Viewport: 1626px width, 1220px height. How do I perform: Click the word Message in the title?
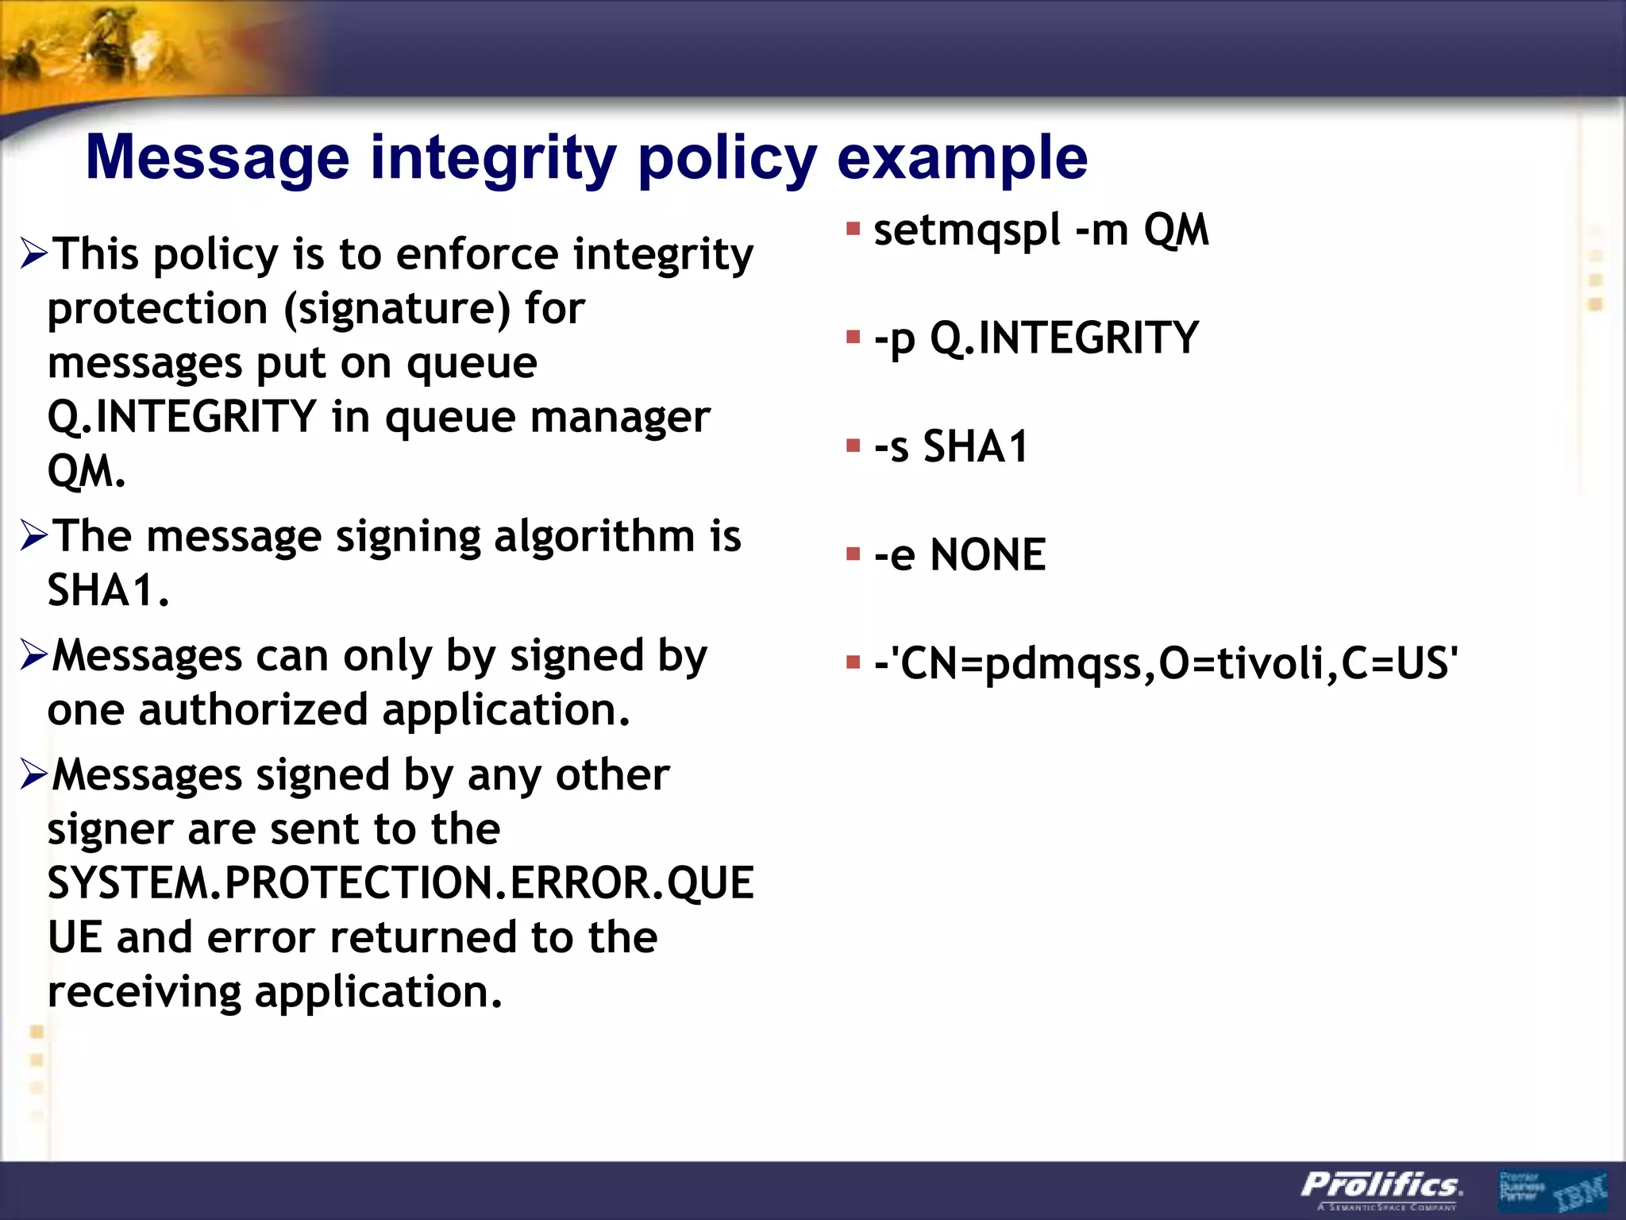point(217,158)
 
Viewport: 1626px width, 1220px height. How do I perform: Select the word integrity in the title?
point(493,158)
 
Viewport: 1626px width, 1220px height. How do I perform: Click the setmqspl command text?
point(966,230)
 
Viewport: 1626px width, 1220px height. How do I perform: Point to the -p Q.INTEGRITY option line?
point(1036,338)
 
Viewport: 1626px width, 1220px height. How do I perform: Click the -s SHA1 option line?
point(950,446)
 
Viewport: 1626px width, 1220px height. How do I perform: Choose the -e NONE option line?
point(959,554)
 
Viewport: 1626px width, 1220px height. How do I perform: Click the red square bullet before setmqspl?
point(853,230)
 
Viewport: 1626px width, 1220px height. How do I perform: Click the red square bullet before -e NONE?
point(853,554)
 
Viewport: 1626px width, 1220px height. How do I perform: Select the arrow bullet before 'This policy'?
point(35,254)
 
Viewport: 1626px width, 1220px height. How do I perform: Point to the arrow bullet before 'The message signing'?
point(35,536)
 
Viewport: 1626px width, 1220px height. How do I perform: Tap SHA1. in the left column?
point(109,590)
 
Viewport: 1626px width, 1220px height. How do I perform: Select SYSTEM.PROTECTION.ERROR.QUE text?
point(400,883)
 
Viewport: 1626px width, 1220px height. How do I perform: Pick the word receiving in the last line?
point(144,991)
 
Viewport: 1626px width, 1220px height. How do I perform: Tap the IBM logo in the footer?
point(1579,1191)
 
